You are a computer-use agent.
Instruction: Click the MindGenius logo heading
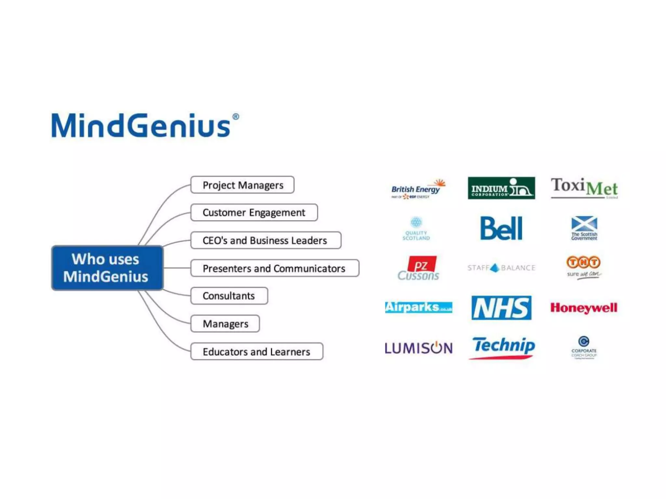click(141, 126)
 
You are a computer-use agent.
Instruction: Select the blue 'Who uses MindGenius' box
click(107, 268)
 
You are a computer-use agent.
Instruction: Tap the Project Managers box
click(242, 185)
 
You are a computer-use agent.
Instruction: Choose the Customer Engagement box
click(254, 212)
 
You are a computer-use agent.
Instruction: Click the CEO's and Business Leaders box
click(265, 240)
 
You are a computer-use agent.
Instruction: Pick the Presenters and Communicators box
click(274, 268)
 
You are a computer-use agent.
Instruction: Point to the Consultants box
click(229, 296)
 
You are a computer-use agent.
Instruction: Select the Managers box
click(225, 324)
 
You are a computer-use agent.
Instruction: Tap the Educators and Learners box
click(257, 352)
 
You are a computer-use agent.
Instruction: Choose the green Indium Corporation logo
click(501, 188)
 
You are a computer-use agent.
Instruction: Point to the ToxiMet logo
click(584, 188)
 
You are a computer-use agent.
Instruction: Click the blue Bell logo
click(501, 228)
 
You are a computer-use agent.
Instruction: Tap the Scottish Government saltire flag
click(584, 224)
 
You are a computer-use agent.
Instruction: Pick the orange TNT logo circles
click(583, 262)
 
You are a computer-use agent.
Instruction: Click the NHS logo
click(501, 308)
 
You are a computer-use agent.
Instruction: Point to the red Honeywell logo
click(584, 308)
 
